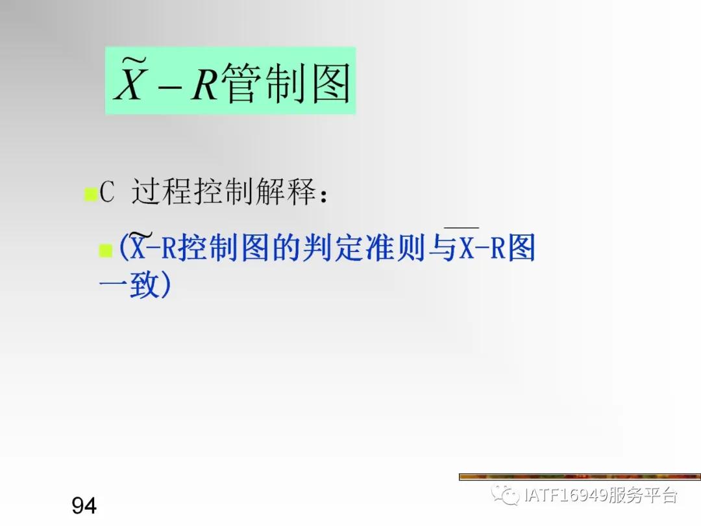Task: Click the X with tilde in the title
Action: (x=129, y=82)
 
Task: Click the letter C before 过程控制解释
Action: (x=107, y=193)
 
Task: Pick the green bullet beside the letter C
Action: (x=90, y=195)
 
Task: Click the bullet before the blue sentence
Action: (x=105, y=251)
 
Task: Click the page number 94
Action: (x=84, y=505)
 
